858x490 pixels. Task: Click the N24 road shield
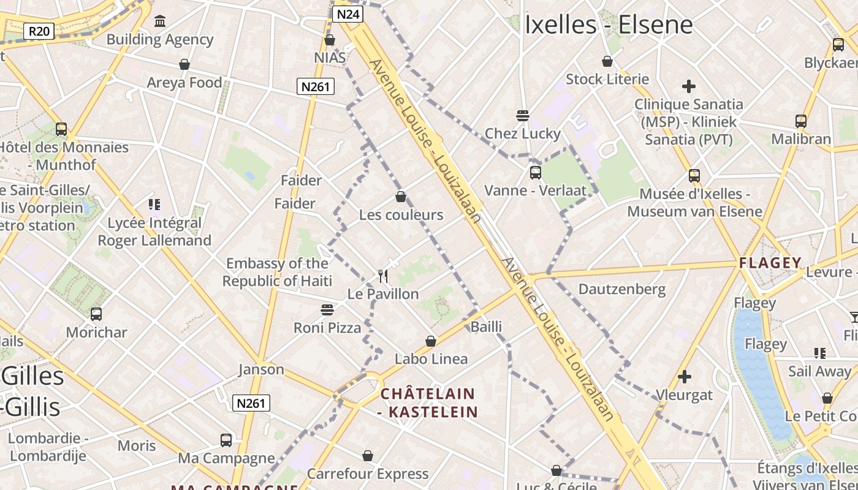[347, 14]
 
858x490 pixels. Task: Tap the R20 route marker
[39, 31]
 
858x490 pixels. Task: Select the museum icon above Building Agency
[160, 21]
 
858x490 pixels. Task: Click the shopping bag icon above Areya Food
[184, 64]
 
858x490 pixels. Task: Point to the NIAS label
[330, 58]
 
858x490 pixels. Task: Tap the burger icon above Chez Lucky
[523, 115]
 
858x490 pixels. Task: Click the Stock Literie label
[607, 79]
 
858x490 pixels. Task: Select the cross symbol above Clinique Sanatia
[689, 86]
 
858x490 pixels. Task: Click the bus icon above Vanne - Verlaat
[536, 173]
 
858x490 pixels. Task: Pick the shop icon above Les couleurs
[401, 197]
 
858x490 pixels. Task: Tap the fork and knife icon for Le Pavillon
[384, 276]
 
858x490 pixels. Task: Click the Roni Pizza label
[327, 328]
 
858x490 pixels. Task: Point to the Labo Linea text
[431, 359]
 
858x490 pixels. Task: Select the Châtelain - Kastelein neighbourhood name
[428, 402]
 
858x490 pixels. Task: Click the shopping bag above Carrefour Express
[368, 456]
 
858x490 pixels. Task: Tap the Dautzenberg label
[622, 288]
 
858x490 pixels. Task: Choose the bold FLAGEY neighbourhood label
[770, 263]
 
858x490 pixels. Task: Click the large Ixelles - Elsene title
[609, 25]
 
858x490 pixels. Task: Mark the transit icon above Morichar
[96, 314]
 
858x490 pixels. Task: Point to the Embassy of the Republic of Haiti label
[277, 272]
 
